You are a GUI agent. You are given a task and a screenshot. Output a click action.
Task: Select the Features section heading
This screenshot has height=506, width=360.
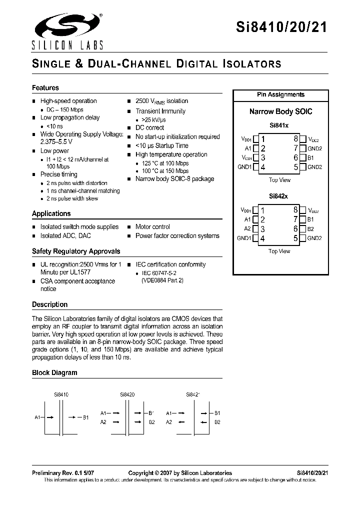click(x=45, y=88)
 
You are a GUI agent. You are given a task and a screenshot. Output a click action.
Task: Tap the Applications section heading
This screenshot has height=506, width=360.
click(x=51, y=213)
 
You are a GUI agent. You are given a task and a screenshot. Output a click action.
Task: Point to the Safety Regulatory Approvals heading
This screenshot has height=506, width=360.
click(x=76, y=251)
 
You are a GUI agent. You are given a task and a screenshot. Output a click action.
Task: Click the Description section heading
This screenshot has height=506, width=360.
click(x=49, y=304)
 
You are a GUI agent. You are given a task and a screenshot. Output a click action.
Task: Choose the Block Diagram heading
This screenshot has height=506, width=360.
click(x=54, y=372)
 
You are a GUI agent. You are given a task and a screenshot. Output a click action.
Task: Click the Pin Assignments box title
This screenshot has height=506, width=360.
click(x=280, y=94)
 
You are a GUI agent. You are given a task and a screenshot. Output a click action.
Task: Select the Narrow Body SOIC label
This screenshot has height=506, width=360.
click(x=280, y=111)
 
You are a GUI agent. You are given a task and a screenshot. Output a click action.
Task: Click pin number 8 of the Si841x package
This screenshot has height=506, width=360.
click(x=296, y=139)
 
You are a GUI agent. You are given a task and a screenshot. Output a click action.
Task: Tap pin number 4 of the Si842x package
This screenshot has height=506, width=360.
click(x=263, y=238)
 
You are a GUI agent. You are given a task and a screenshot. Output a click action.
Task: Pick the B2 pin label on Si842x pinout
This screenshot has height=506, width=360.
click(x=310, y=229)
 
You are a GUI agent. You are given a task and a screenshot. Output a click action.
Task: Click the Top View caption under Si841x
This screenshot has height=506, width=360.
click(x=279, y=180)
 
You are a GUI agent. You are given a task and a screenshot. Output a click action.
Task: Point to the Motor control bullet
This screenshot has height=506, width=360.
click(x=152, y=227)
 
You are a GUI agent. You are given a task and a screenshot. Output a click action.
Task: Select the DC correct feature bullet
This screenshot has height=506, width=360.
click(x=149, y=128)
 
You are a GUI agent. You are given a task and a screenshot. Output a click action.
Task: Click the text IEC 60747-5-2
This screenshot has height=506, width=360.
click(x=158, y=273)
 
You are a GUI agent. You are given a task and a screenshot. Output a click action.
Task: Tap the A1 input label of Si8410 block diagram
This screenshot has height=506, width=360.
click(x=37, y=417)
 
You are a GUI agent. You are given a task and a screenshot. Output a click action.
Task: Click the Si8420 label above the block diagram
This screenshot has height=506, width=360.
click(x=127, y=394)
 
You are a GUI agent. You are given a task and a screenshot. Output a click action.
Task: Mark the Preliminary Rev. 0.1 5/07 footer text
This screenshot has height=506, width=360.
click(x=62, y=473)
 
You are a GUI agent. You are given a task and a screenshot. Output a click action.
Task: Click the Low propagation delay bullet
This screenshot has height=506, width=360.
click(x=69, y=117)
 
